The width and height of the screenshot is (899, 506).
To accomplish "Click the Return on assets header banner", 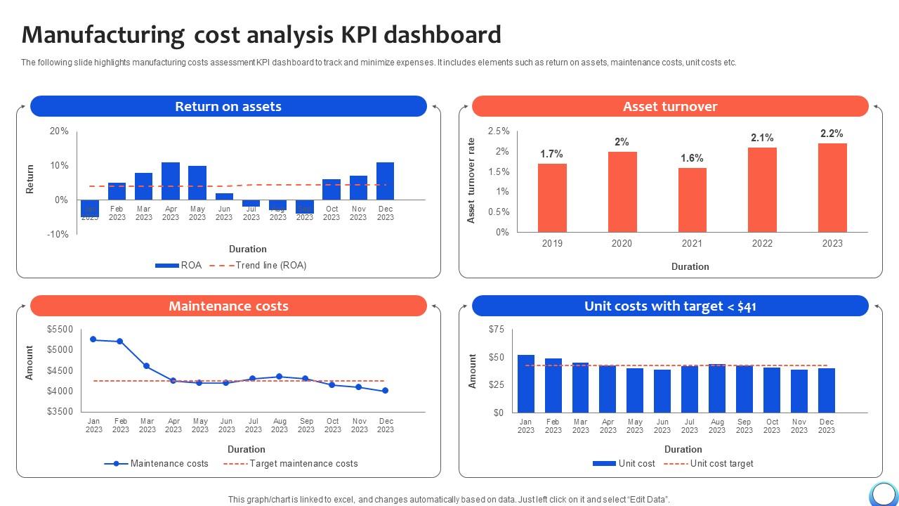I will click(228, 106).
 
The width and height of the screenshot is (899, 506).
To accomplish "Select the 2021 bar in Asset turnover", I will click(692, 200).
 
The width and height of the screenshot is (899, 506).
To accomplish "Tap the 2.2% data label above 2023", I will click(832, 134).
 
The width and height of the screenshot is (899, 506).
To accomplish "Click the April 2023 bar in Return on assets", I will click(171, 181).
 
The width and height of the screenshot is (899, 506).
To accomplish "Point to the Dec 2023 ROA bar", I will click(385, 181).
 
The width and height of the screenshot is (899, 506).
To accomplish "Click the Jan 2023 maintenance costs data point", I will click(93, 339).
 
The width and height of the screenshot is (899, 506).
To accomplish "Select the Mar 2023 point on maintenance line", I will click(146, 366).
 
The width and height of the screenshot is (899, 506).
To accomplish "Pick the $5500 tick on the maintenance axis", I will click(60, 330).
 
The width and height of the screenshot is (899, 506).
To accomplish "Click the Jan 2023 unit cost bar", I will click(526, 384).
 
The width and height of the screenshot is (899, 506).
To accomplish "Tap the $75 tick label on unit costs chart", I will click(496, 330).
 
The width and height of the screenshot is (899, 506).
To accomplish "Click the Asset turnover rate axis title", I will click(471, 181).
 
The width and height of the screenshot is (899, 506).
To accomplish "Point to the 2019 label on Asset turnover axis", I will click(552, 243).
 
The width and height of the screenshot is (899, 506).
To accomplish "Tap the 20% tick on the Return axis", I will click(59, 131).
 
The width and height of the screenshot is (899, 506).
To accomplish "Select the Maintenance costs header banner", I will click(228, 306).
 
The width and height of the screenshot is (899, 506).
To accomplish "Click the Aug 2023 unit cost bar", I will click(716, 388).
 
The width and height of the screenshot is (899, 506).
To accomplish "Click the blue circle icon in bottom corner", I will click(884, 494).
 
